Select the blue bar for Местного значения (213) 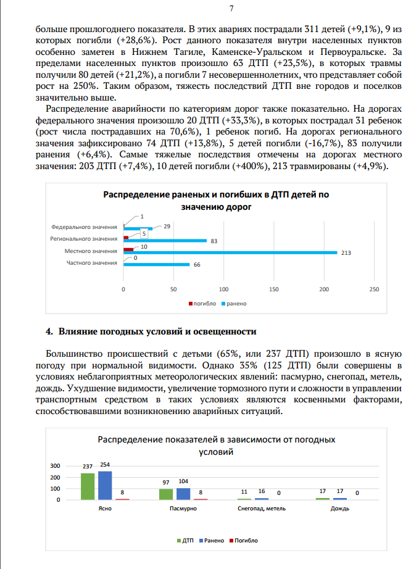point(230,252)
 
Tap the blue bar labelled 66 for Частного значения point(157,265)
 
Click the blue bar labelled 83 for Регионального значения point(165,241)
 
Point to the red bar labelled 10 point(128,249)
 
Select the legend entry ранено point(236,304)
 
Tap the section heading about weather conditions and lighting point(151,332)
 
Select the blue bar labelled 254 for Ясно point(105,485)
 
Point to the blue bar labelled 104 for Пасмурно point(183,494)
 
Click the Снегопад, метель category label point(262,509)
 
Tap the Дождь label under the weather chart point(340,509)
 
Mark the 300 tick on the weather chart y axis point(55,465)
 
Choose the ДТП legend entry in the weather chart point(187,540)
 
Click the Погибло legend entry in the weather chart point(244,540)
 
